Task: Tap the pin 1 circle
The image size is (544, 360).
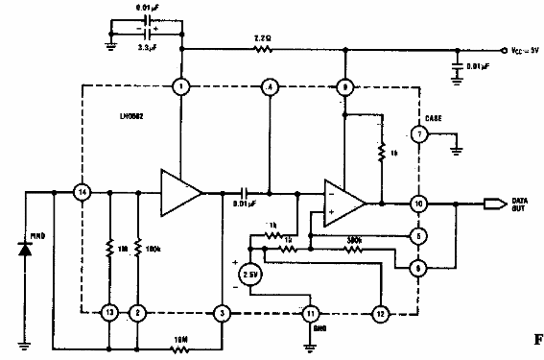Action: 181,87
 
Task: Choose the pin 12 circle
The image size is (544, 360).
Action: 381,313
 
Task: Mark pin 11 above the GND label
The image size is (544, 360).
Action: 311,313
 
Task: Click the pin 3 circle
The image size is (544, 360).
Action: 224,313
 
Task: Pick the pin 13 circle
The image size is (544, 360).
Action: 110,313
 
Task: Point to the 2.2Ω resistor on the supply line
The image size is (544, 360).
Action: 261,50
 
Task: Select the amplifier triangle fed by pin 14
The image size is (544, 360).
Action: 181,193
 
